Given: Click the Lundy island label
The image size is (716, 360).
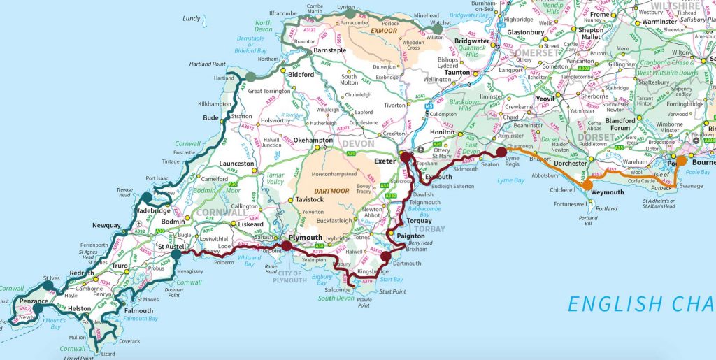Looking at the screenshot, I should pos(191,18).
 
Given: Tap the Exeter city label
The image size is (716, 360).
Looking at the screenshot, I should pos(385,161).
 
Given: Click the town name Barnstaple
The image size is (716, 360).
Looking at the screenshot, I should pos(330,51).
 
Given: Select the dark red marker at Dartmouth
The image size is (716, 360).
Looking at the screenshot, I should pos(386,257).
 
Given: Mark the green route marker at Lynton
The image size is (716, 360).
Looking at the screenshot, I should pos(350,13).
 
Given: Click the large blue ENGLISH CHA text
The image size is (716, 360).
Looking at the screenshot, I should pos(640,304).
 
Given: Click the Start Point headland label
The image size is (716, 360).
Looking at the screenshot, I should pos(394,291).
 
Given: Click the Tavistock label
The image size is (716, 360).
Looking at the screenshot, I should pos(309,201).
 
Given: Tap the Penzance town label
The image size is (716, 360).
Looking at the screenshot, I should pos(34,301).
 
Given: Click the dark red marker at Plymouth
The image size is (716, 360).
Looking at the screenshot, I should pos(287,246).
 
